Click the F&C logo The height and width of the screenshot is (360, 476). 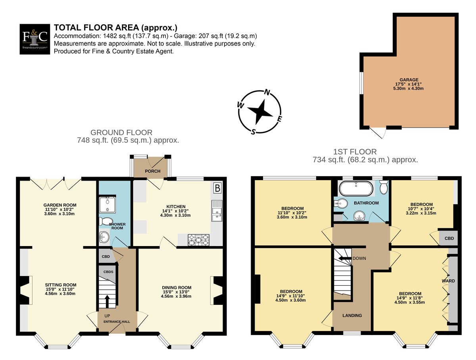coord(35,39)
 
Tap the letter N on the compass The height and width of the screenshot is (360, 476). coord(267,92)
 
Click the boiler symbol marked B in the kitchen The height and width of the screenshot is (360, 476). coord(217,188)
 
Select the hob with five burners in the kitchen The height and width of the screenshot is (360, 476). coord(198,240)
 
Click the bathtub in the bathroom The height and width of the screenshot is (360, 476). coord(356,189)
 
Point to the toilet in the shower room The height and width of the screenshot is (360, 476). coord(105,221)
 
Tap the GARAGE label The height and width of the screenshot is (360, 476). coord(409,80)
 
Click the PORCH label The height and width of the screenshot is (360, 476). coord(153,171)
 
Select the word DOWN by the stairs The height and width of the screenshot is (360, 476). coord(359,258)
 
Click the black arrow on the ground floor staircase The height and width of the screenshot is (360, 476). coord(107,301)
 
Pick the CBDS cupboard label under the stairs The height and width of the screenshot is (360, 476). coord(108,271)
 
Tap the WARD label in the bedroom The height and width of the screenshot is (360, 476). coord(448,281)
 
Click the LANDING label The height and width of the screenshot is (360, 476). coord(352,316)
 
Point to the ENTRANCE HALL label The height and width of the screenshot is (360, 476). coord(117,321)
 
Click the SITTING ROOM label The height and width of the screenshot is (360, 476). coord(61,285)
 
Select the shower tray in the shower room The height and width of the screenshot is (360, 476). coord(107,205)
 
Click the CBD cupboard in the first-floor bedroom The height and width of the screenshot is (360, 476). coord(448,238)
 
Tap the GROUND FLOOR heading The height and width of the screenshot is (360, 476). coord(121,132)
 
